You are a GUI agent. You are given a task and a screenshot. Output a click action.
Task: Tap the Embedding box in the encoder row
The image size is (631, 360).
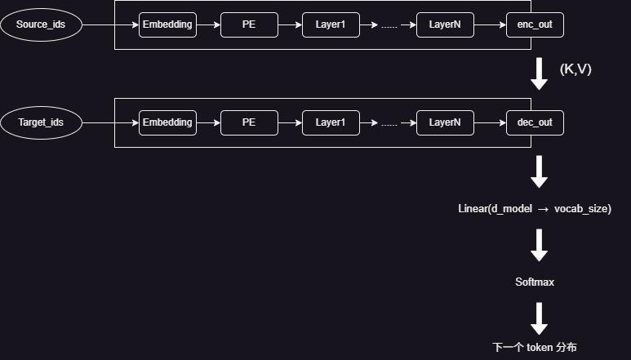[x=167, y=25]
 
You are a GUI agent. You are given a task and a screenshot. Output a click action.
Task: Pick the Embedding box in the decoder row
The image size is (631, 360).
[x=167, y=122]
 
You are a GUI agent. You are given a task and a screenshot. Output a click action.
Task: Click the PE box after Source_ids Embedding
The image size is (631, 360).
[x=249, y=25]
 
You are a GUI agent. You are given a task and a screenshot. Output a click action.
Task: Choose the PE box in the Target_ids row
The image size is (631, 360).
[x=249, y=122]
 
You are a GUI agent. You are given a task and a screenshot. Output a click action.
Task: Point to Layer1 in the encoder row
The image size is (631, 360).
[x=331, y=25]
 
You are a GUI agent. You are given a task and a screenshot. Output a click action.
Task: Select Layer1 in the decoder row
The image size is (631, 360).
[x=331, y=122]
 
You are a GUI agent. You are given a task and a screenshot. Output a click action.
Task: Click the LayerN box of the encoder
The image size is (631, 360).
[x=445, y=25]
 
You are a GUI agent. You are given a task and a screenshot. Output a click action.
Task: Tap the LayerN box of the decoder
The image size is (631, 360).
[x=445, y=122]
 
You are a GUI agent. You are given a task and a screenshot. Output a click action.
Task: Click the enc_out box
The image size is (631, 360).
[x=535, y=25]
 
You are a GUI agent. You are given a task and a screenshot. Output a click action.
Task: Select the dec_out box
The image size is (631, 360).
[x=535, y=122]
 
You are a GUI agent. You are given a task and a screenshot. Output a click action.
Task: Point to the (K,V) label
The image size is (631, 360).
[x=575, y=69]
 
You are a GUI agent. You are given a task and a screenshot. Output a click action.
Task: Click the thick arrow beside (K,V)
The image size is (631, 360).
[x=539, y=73]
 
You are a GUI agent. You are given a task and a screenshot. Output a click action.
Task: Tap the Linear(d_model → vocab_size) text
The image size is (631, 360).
[x=535, y=209]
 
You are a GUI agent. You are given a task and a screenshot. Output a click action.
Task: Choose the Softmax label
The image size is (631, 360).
[x=535, y=282]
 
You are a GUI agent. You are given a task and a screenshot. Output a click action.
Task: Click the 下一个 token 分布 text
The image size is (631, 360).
[x=535, y=347]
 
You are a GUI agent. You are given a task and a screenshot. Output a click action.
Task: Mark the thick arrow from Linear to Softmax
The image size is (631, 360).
[x=539, y=246]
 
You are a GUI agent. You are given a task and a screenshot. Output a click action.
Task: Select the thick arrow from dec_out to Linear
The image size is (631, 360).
[x=539, y=171]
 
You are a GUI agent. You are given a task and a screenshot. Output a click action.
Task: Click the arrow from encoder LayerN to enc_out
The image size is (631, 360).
[x=490, y=25]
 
